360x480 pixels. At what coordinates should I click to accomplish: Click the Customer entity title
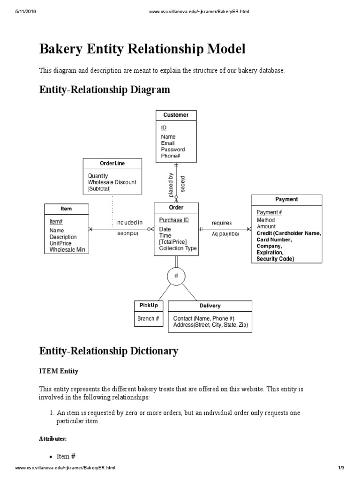(176, 115)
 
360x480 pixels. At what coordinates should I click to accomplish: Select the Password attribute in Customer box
(173, 150)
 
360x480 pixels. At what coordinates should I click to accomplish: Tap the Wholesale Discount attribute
(112, 182)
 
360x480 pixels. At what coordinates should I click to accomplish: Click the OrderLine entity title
(112, 163)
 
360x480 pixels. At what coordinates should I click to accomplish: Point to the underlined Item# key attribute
(56, 221)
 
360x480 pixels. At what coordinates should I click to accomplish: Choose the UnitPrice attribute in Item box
(60, 244)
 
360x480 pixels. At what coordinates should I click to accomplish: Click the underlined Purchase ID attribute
(174, 220)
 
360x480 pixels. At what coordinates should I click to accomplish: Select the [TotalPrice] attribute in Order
(172, 242)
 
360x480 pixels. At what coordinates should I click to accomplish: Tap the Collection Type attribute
(178, 248)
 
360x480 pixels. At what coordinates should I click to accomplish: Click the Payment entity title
(286, 199)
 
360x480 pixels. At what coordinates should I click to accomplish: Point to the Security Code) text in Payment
(275, 259)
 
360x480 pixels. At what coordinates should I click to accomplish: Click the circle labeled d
(176, 276)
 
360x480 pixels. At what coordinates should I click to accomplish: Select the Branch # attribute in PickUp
(148, 318)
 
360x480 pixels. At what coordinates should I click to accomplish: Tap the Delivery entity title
(210, 306)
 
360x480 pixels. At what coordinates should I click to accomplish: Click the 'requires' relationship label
(222, 223)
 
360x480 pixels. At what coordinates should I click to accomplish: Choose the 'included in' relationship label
(129, 223)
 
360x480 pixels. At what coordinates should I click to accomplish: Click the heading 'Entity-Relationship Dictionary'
(108, 351)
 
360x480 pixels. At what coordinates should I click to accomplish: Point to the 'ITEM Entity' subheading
(59, 371)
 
